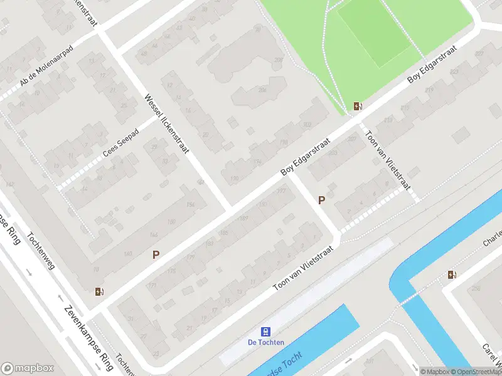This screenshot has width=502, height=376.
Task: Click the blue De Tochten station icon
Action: click(x=266, y=332)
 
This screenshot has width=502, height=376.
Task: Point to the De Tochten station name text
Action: click(x=266, y=342)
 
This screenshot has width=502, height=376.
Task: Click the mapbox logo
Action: click(x=26, y=368)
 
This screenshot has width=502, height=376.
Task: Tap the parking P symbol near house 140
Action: click(x=156, y=254)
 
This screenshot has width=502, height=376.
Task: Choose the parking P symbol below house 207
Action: click(x=322, y=201)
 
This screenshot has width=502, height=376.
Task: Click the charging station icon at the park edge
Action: click(x=358, y=107)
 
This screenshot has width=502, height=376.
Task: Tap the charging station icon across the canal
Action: click(x=452, y=274)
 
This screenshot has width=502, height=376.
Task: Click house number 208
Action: click(x=279, y=60)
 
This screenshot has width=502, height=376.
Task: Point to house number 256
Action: click(x=474, y=288)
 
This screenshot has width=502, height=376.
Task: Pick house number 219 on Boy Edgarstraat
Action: click(x=430, y=90)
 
